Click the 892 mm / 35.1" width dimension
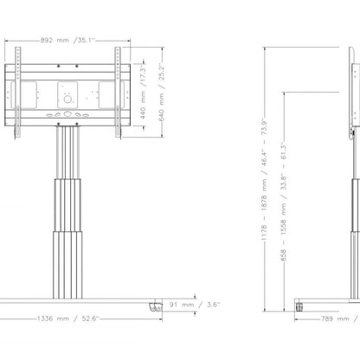pyautogui.click(x=67, y=40)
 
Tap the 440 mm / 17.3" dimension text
pyautogui.click(x=144, y=92)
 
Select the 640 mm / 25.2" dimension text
pyautogui.click(x=162, y=93)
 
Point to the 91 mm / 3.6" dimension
pyautogui.click(x=195, y=305)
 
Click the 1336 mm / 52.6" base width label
pyautogui.click(x=68, y=318)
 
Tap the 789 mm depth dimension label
pyautogui.click(x=335, y=318)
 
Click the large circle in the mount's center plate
pyautogui.click(x=67, y=100)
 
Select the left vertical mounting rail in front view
pyautogui.click(x=18, y=93)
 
